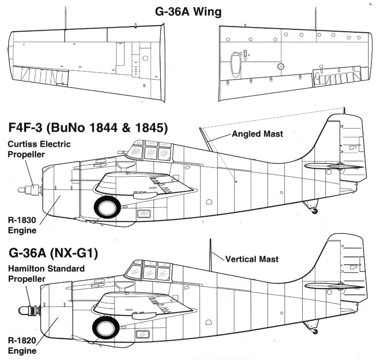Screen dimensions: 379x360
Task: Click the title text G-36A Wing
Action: click(x=188, y=11)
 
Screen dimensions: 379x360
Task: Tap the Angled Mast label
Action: click(x=257, y=134)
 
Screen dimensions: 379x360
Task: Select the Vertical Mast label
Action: click(x=252, y=259)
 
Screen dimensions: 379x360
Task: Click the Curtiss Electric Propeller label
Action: click(x=39, y=149)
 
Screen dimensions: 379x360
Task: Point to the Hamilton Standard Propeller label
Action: click(x=46, y=273)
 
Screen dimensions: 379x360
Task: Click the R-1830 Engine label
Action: click(x=22, y=225)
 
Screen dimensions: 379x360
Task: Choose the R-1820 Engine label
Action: click(x=22, y=345)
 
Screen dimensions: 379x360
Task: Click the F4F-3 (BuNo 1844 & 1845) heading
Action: click(x=88, y=127)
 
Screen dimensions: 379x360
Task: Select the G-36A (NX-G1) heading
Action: click(x=53, y=253)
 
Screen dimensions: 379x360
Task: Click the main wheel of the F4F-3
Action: click(x=107, y=207)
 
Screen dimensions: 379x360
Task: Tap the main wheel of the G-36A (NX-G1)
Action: click(x=106, y=327)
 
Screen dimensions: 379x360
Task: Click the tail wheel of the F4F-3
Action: click(x=315, y=211)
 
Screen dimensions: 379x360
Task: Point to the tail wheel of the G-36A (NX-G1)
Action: click(x=315, y=331)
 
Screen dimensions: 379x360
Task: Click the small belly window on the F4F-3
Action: click(x=144, y=214)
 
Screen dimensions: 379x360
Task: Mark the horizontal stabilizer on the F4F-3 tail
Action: click(x=334, y=166)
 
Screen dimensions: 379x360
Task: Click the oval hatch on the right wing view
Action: click(x=235, y=64)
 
